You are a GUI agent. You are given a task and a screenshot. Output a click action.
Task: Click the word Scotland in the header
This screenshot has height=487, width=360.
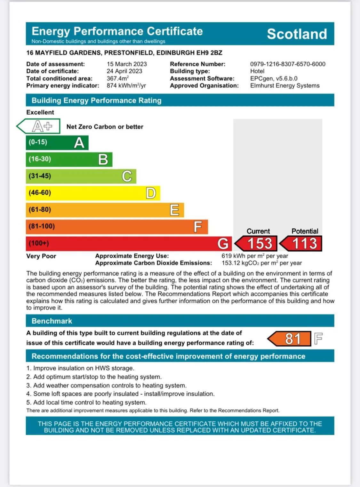point(297,34)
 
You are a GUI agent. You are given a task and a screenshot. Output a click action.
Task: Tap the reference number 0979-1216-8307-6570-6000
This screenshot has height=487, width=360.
point(287,64)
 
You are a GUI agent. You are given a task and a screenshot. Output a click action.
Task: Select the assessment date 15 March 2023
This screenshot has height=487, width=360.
point(127,64)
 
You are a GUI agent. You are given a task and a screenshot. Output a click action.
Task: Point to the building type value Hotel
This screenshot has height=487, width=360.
point(257,71)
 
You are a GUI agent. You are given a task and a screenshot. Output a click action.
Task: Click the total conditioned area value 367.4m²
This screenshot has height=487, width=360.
point(117,78)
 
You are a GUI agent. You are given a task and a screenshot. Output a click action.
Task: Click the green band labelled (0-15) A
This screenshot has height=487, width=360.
point(57,142)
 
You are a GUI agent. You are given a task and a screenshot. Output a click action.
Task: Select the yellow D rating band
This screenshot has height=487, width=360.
point(93,193)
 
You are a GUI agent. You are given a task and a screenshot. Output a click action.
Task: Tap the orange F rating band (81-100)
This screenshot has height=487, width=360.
point(117,226)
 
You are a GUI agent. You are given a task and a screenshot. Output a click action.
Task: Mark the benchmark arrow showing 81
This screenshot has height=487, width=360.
point(290,339)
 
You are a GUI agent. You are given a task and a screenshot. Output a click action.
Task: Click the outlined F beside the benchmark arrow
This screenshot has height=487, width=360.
point(318,338)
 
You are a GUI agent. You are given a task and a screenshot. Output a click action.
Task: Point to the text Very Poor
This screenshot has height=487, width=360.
point(41,256)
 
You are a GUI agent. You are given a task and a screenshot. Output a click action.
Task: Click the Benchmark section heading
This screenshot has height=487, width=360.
point(52,321)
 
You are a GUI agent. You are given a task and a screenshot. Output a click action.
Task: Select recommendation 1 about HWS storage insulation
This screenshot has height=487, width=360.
point(80,368)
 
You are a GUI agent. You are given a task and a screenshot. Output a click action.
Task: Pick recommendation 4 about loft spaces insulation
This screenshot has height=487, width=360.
point(120,394)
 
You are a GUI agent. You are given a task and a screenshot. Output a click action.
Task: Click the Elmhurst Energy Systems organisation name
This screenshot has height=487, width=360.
point(285,85)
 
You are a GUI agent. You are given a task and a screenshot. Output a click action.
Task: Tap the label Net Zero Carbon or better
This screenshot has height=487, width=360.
point(105,127)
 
